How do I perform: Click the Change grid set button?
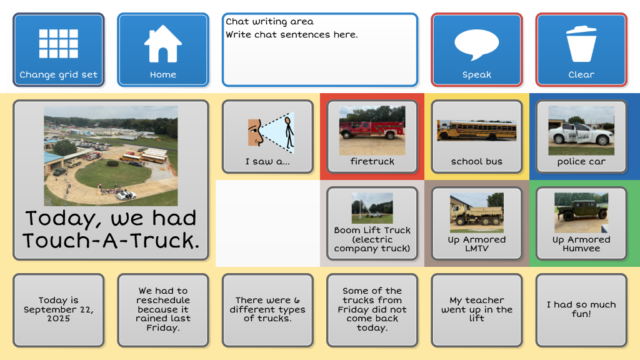(x=58, y=50)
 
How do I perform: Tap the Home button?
(x=163, y=50)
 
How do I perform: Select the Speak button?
(x=477, y=50)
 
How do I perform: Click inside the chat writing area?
(x=320, y=50)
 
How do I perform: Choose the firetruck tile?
(x=372, y=137)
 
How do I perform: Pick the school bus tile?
(x=477, y=137)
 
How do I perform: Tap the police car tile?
(x=581, y=137)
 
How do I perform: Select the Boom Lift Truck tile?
(x=372, y=224)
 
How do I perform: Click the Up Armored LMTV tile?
(x=477, y=224)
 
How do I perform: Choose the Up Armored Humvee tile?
(x=581, y=224)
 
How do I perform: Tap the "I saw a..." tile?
(x=267, y=137)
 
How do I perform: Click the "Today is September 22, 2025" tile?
(x=58, y=310)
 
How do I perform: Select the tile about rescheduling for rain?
(x=163, y=310)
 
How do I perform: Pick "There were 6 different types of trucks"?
(x=267, y=310)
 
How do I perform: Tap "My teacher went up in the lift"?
(x=477, y=310)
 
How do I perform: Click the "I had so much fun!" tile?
(x=581, y=310)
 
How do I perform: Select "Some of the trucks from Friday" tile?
(x=372, y=310)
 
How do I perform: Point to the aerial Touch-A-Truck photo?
(x=111, y=156)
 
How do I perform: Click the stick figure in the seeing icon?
(x=289, y=132)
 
